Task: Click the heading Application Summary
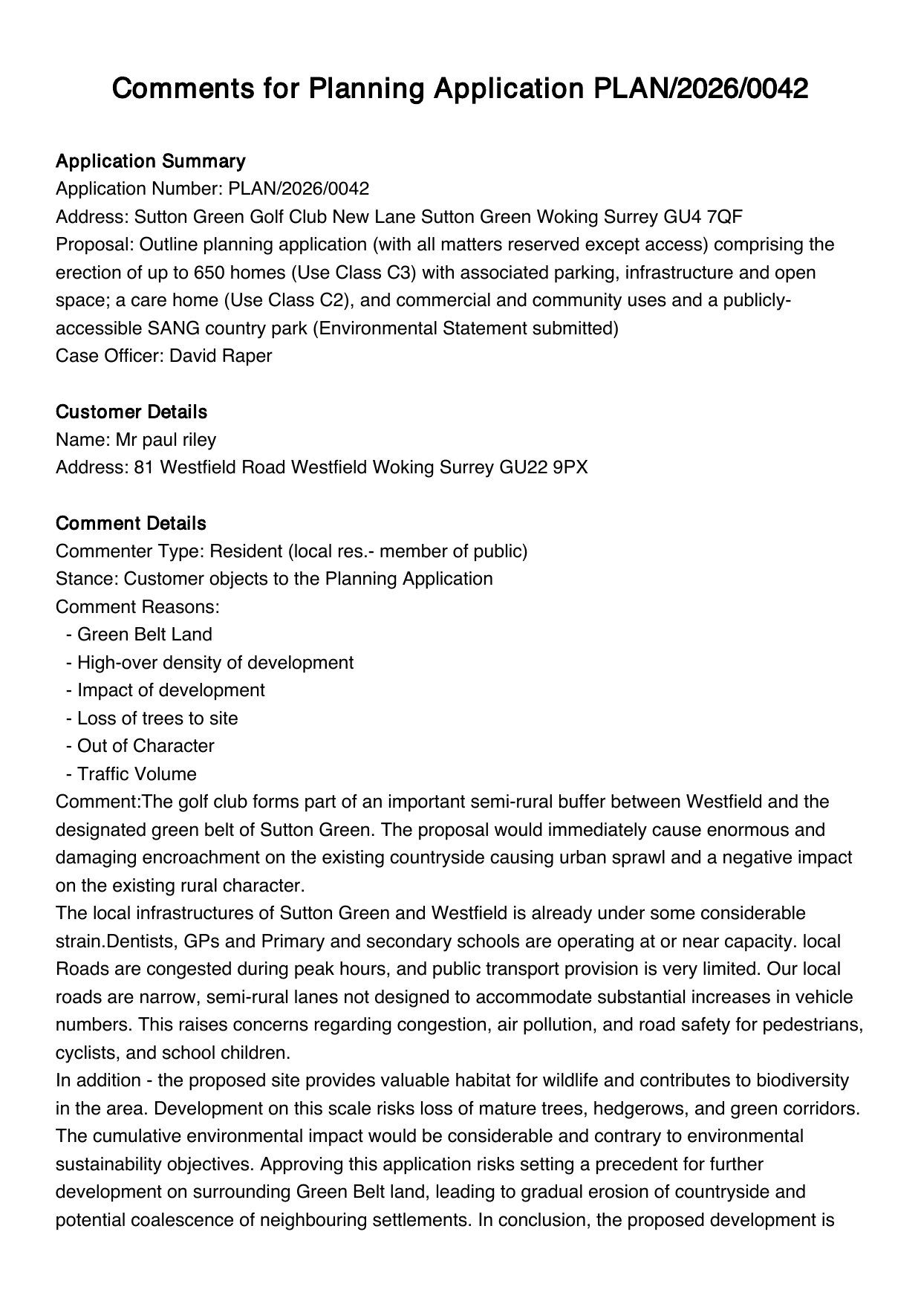point(150,161)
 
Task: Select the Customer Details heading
point(131,412)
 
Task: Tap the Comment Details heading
point(131,523)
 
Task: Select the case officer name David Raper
point(221,355)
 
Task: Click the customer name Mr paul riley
point(166,440)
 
